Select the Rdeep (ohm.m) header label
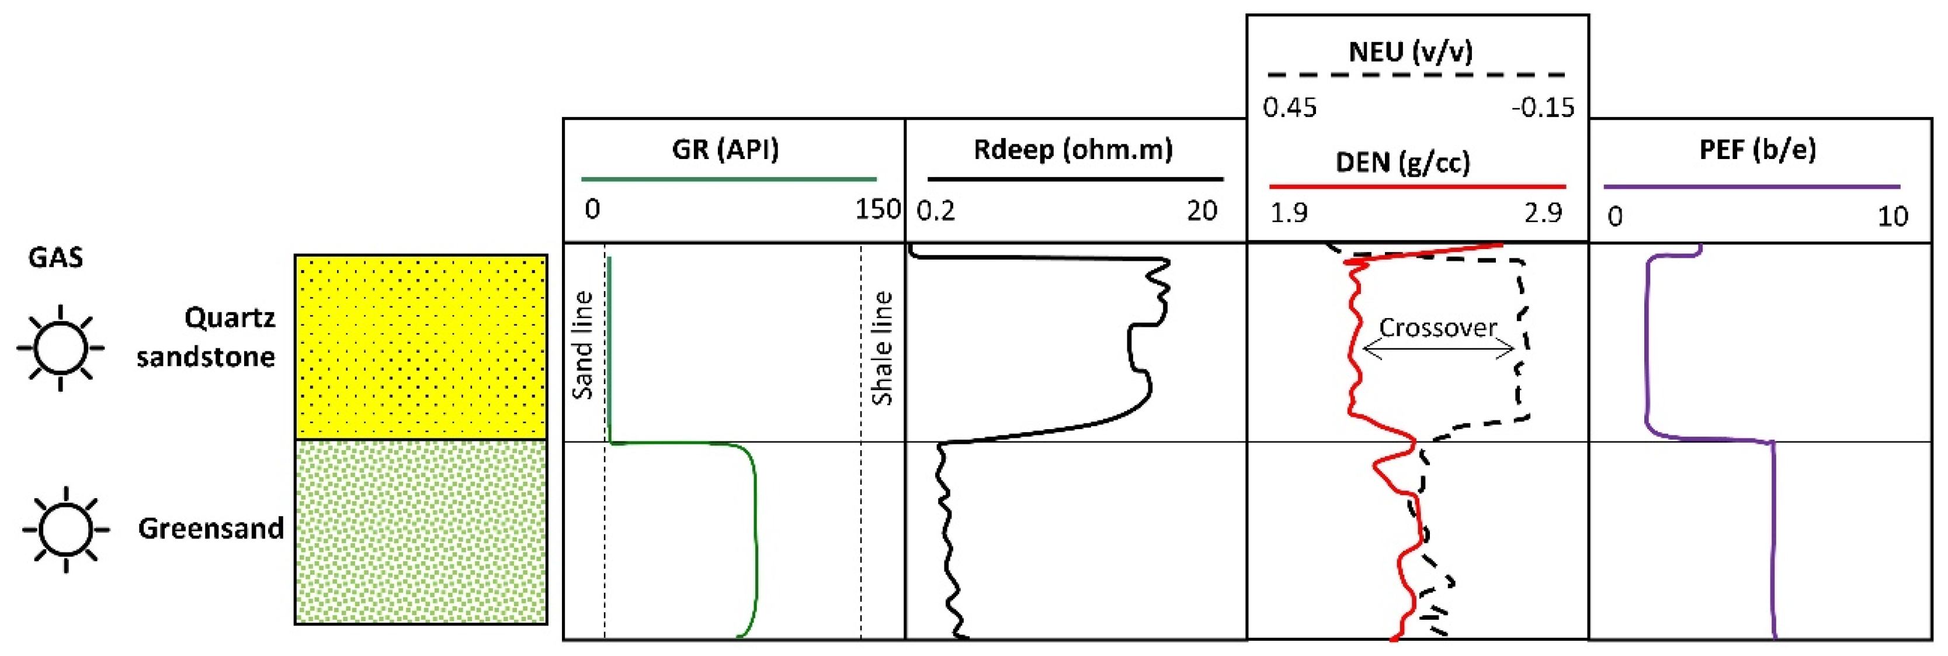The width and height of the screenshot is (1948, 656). [x=1072, y=149]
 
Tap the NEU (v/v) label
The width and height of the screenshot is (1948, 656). [x=1411, y=51]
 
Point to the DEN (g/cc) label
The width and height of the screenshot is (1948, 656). [x=1403, y=162]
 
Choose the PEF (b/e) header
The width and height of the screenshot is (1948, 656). [x=1756, y=149]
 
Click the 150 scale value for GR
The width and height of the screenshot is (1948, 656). [x=877, y=209]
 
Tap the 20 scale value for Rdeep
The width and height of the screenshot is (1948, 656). [x=1202, y=210]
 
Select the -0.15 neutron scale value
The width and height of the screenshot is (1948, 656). [x=1543, y=108]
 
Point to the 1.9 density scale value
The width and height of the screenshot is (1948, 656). [x=1289, y=213]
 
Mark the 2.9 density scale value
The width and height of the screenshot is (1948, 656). [x=1543, y=213]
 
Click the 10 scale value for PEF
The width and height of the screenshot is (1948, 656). [x=1893, y=216]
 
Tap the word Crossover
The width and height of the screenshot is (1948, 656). [x=1437, y=327]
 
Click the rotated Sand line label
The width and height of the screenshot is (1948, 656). [x=582, y=345]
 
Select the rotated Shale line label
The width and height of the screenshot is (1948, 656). [x=882, y=348]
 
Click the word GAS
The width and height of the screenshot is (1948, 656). [x=55, y=257]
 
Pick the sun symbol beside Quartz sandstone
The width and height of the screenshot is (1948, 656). [x=61, y=348]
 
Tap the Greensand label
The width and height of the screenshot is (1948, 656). [x=210, y=528]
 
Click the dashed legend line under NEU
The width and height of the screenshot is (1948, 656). [x=1416, y=75]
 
